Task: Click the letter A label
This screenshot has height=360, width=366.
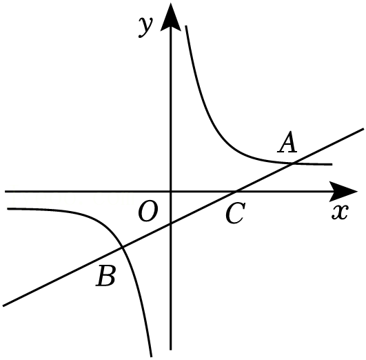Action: tap(287, 142)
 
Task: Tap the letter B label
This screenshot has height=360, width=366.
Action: tap(105, 276)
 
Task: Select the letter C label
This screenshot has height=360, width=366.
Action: tap(235, 213)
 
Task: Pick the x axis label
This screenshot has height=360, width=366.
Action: tap(340, 212)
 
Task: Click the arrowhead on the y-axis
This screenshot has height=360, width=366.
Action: tap(171, 17)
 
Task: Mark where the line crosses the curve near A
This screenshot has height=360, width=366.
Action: tap(293, 163)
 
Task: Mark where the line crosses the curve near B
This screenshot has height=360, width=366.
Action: tap(121, 247)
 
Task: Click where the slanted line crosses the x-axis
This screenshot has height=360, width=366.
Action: tap(235, 192)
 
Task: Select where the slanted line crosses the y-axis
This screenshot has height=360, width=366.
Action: tap(171, 223)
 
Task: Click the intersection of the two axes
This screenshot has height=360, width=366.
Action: tap(171, 192)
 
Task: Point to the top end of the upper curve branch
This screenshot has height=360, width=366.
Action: tap(186, 26)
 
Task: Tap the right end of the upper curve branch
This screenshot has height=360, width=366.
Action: tap(332, 164)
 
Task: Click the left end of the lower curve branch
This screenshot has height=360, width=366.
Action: tap(8, 208)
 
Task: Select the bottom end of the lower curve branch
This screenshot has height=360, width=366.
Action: tap(151, 357)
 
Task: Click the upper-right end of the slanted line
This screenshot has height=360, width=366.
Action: tap(363, 128)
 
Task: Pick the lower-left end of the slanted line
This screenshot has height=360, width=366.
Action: tap(3, 306)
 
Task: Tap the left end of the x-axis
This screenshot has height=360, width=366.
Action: tap(5, 192)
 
